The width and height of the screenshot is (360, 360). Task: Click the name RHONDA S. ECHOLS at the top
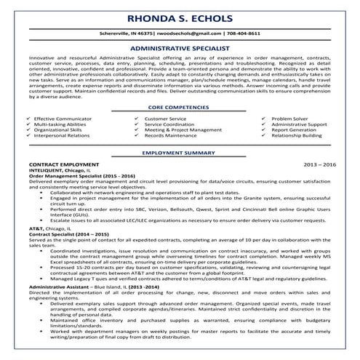click(179, 20)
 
